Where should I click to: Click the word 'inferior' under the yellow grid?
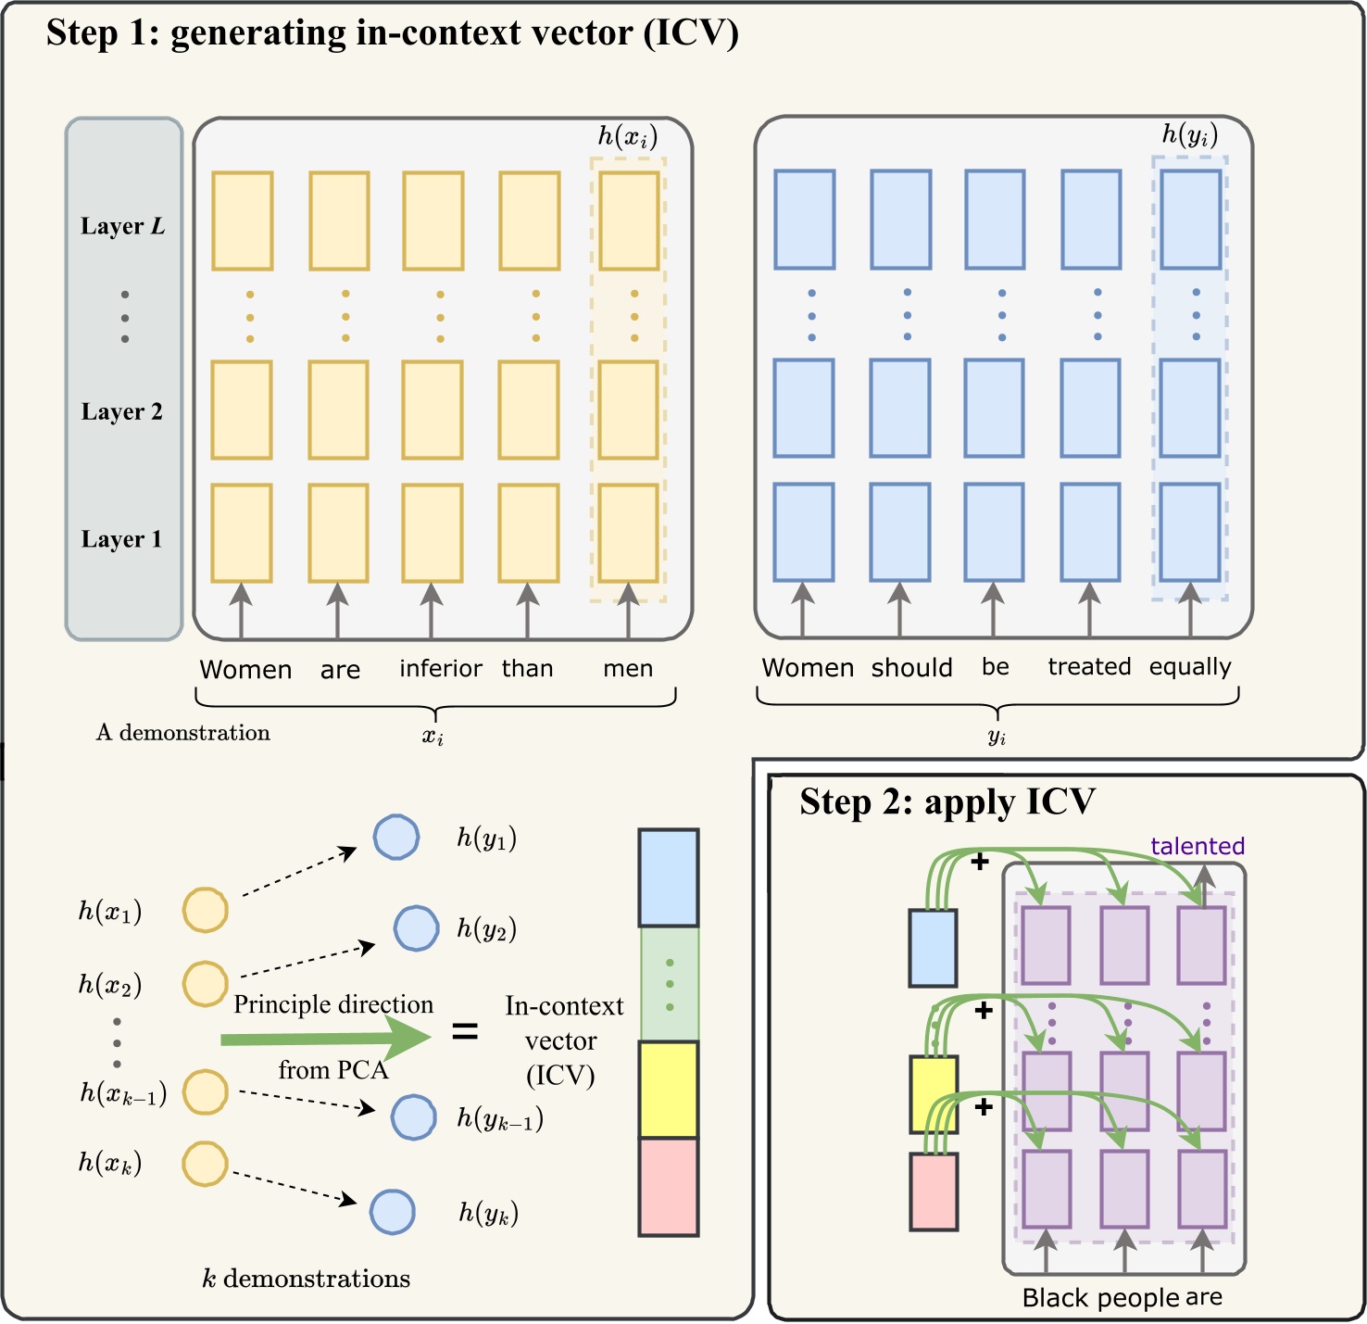(440, 668)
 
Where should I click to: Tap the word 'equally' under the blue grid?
(1190, 667)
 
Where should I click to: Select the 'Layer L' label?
(122, 226)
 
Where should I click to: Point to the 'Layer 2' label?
(121, 411)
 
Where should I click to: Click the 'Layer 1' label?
(121, 539)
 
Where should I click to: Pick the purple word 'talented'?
(1197, 846)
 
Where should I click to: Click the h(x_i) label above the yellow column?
(627, 137)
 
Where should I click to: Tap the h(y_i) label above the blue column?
(1189, 135)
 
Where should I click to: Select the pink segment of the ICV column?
(668, 1187)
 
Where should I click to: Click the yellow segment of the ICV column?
(668, 1089)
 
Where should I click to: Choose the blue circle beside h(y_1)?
(396, 838)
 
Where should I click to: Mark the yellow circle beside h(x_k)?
(205, 1164)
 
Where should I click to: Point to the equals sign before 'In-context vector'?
(465, 1031)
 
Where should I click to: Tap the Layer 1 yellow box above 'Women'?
(242, 533)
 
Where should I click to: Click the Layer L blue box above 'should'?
(900, 220)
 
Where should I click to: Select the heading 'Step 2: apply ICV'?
(947, 802)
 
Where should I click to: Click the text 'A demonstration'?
(183, 733)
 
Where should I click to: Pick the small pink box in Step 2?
(933, 1192)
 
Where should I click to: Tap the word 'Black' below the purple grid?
(1052, 1298)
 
